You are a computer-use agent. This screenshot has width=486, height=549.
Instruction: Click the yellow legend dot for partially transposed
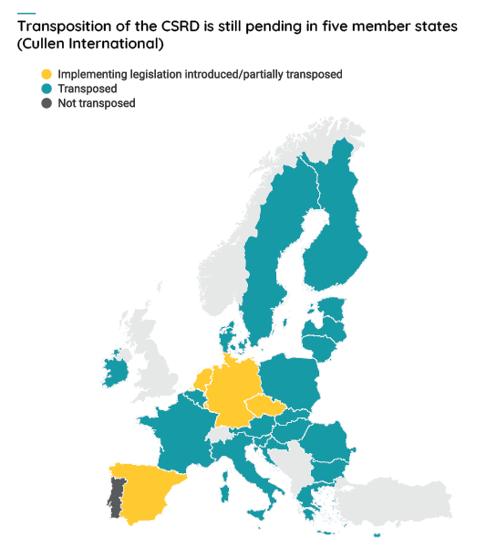point(47,74)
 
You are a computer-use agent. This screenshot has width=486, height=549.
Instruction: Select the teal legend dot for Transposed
point(47,89)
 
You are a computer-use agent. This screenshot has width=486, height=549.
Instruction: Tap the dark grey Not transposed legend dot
point(47,103)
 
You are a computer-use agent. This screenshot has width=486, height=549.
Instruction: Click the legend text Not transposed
point(97,103)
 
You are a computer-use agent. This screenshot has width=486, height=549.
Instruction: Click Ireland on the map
point(117,370)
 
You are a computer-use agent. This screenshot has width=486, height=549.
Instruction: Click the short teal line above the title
point(26,12)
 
